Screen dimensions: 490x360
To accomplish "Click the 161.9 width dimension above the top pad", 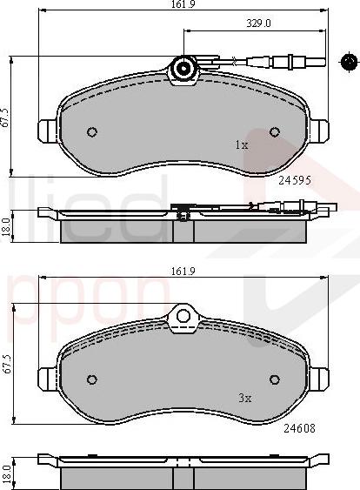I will coord(182,5).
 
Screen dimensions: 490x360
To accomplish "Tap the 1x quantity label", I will coord(241,145).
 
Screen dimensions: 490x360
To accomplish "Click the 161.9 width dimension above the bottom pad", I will coord(182,272).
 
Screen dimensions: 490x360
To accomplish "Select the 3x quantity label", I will coord(244,398).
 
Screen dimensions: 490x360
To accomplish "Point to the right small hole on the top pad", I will coord(275,133).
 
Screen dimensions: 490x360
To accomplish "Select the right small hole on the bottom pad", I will coord(275,379).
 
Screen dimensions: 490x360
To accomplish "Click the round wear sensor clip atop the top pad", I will coord(183,69).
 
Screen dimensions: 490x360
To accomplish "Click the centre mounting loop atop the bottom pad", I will coord(183,318).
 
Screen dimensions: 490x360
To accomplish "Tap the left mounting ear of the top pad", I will coord(45,131).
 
